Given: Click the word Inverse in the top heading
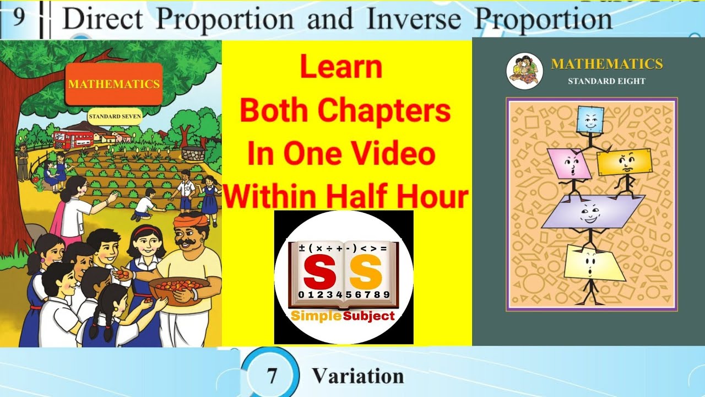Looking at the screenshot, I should click(413, 19).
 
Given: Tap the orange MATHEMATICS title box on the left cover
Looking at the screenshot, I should click(113, 84).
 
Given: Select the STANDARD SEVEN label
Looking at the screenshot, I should click(115, 116).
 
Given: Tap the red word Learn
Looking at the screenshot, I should click(341, 68).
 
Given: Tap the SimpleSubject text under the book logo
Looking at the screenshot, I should click(343, 316).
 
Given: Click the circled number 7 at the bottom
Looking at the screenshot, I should click(271, 376).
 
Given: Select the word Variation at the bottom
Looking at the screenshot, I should click(358, 376).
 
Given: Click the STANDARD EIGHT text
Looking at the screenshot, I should click(606, 81).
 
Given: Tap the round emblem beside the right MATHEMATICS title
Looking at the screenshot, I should click(524, 71).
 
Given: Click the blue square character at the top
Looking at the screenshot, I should click(590, 120).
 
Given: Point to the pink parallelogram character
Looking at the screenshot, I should click(569, 164).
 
